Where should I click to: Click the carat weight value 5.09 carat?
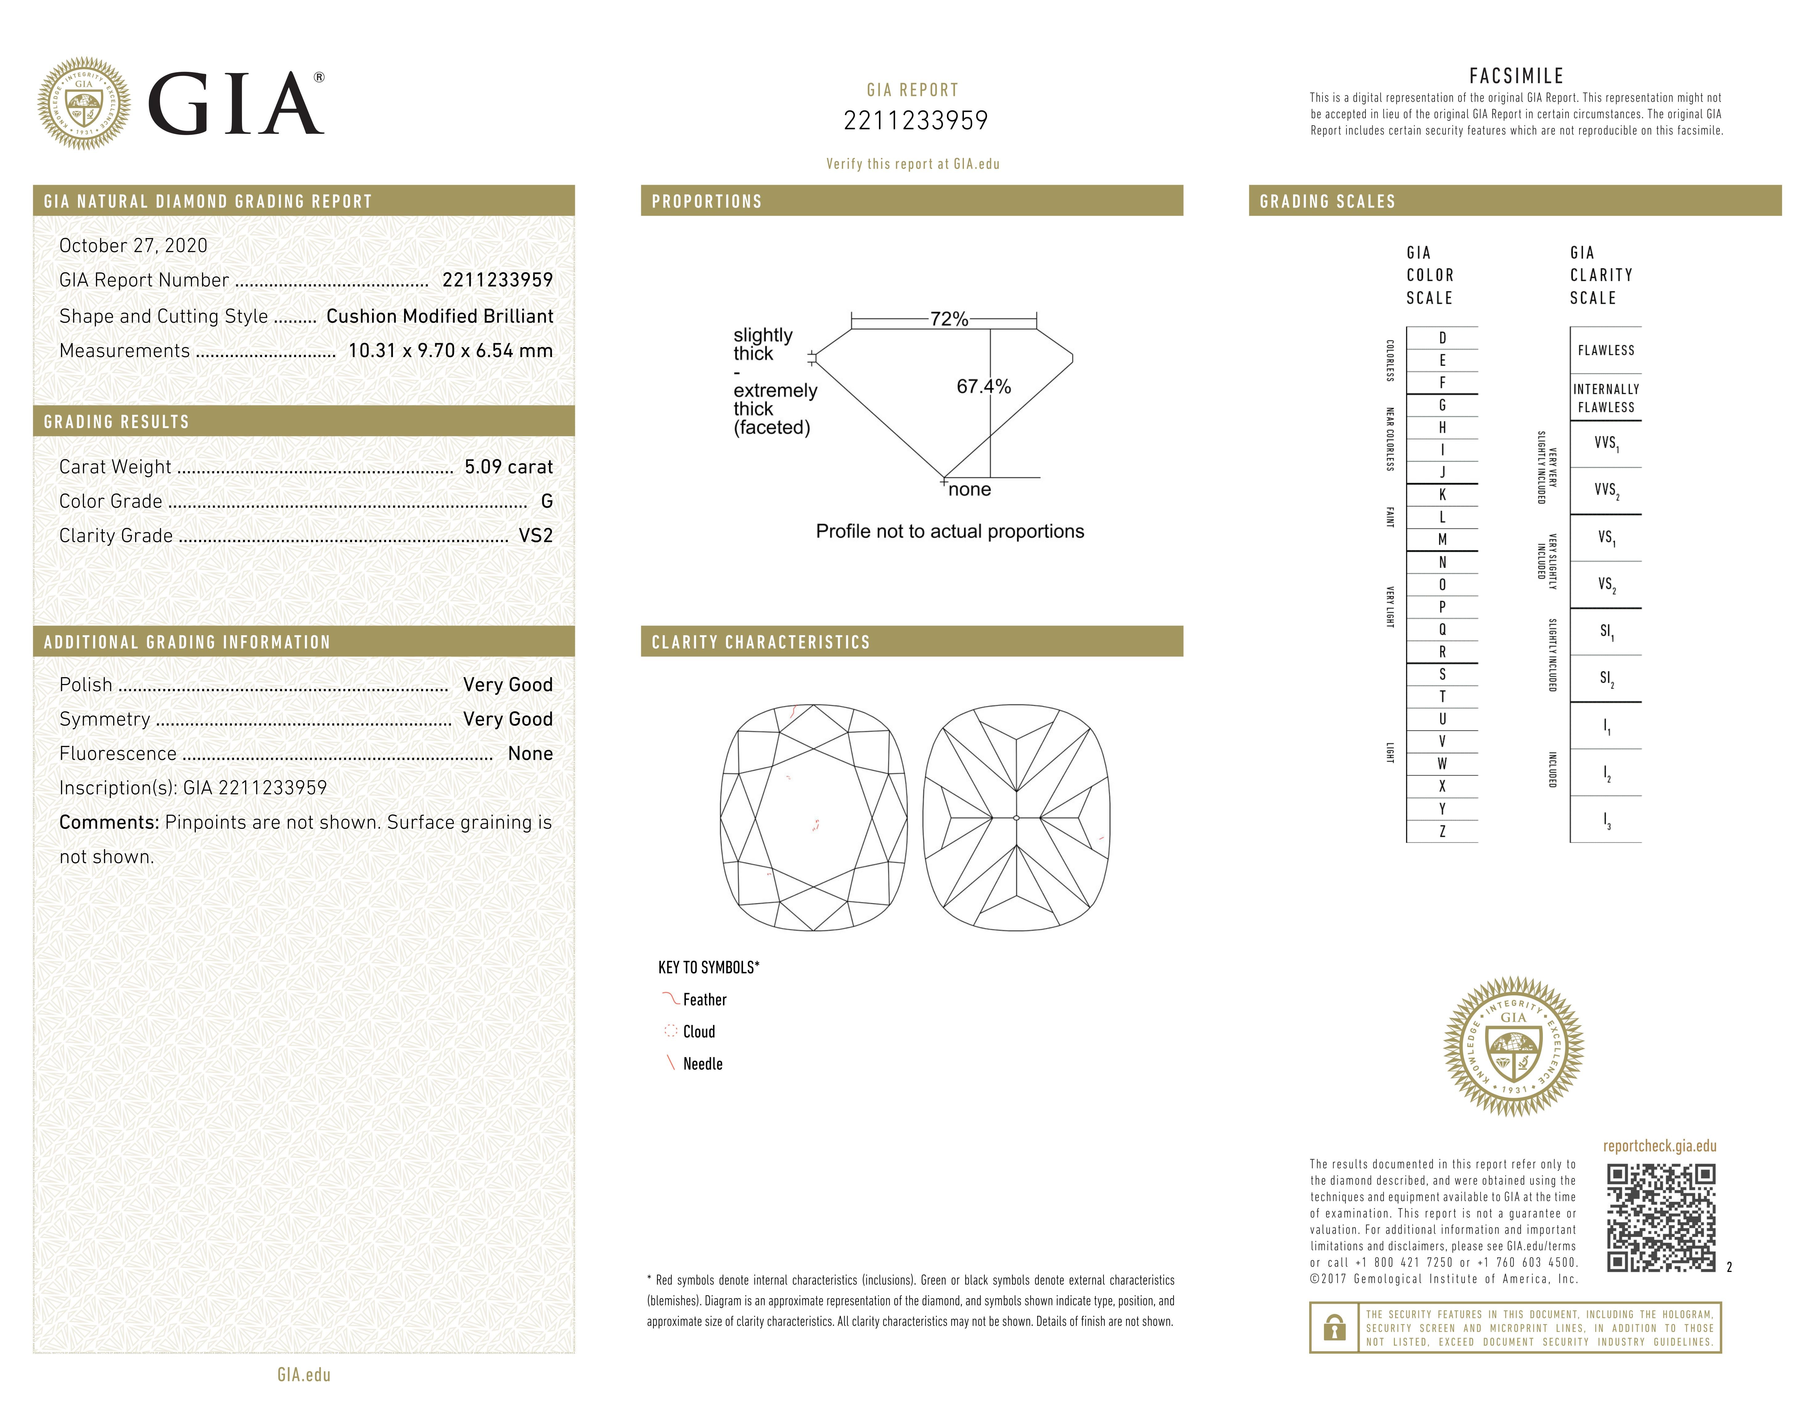click(x=508, y=467)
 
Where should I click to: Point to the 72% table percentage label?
click(x=948, y=319)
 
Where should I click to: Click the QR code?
click(x=1661, y=1218)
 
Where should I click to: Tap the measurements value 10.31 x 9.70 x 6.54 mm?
click(x=450, y=351)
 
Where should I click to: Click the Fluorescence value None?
click(x=530, y=754)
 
